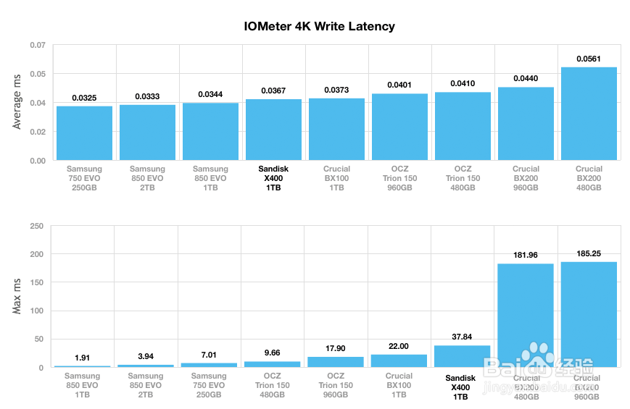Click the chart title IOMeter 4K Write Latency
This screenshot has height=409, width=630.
click(x=319, y=27)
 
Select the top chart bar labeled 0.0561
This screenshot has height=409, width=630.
click(x=589, y=114)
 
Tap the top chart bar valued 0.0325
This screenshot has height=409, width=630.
click(x=84, y=133)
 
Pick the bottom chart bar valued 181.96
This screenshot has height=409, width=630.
click(x=526, y=315)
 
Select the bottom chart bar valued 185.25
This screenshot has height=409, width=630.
click(x=589, y=314)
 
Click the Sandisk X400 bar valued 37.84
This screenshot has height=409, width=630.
click(x=463, y=356)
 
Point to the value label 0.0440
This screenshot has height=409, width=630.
click(x=526, y=78)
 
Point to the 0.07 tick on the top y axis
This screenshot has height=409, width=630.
click(x=38, y=46)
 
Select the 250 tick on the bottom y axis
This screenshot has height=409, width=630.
click(x=36, y=227)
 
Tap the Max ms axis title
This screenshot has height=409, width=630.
click(x=18, y=297)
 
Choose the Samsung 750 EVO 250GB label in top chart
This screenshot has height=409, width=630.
click(x=84, y=178)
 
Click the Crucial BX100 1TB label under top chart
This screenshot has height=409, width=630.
click(x=336, y=178)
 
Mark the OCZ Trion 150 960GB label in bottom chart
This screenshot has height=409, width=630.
click(x=336, y=385)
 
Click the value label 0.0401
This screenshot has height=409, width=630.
click(x=399, y=85)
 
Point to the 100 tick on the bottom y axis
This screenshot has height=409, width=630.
click(x=36, y=311)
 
